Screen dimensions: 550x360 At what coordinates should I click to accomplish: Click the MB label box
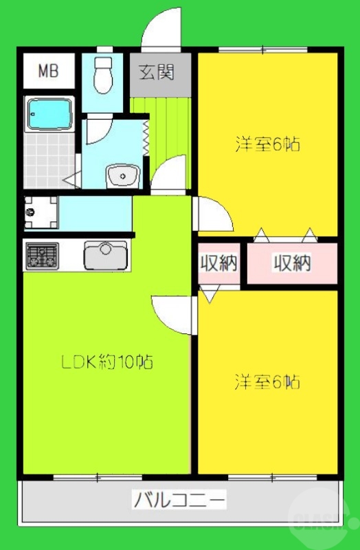47,70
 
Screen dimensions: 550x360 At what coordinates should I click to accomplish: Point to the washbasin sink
122,175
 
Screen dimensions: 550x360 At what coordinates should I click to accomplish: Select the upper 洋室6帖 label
268,145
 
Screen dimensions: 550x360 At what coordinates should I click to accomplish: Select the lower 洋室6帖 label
268,382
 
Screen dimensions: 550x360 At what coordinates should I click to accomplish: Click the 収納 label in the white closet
218,263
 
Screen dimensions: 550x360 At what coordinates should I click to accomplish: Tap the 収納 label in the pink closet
292,263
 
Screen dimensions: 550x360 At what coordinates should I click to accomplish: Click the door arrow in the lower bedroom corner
210,295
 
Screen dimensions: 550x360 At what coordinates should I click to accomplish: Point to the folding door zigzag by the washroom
146,137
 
